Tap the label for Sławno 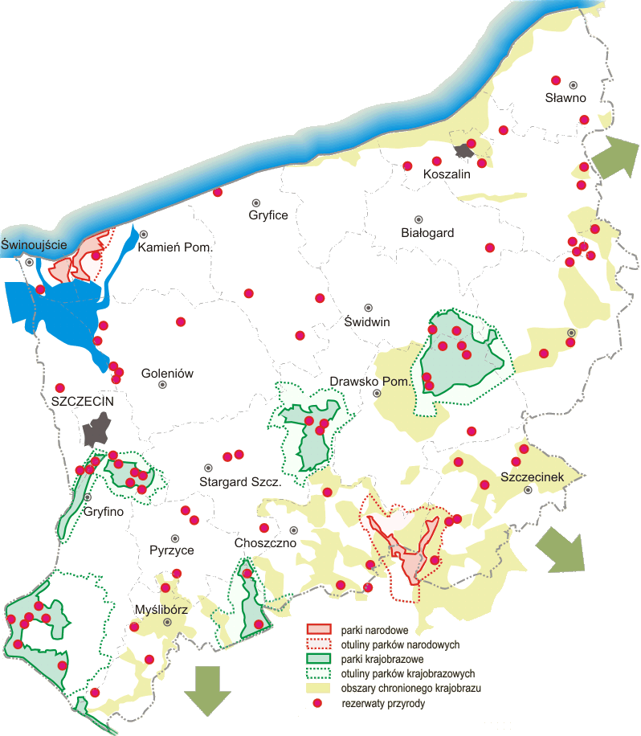(565, 98)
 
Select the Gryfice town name (267, 215)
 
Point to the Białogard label (427, 233)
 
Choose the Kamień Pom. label (175, 248)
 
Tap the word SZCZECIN (83, 400)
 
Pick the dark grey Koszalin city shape (464, 150)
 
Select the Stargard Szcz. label (239, 483)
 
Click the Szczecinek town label (533, 477)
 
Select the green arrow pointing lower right (562, 550)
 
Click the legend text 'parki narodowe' (373, 629)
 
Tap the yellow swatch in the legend (319, 688)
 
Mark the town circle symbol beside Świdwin (369, 308)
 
